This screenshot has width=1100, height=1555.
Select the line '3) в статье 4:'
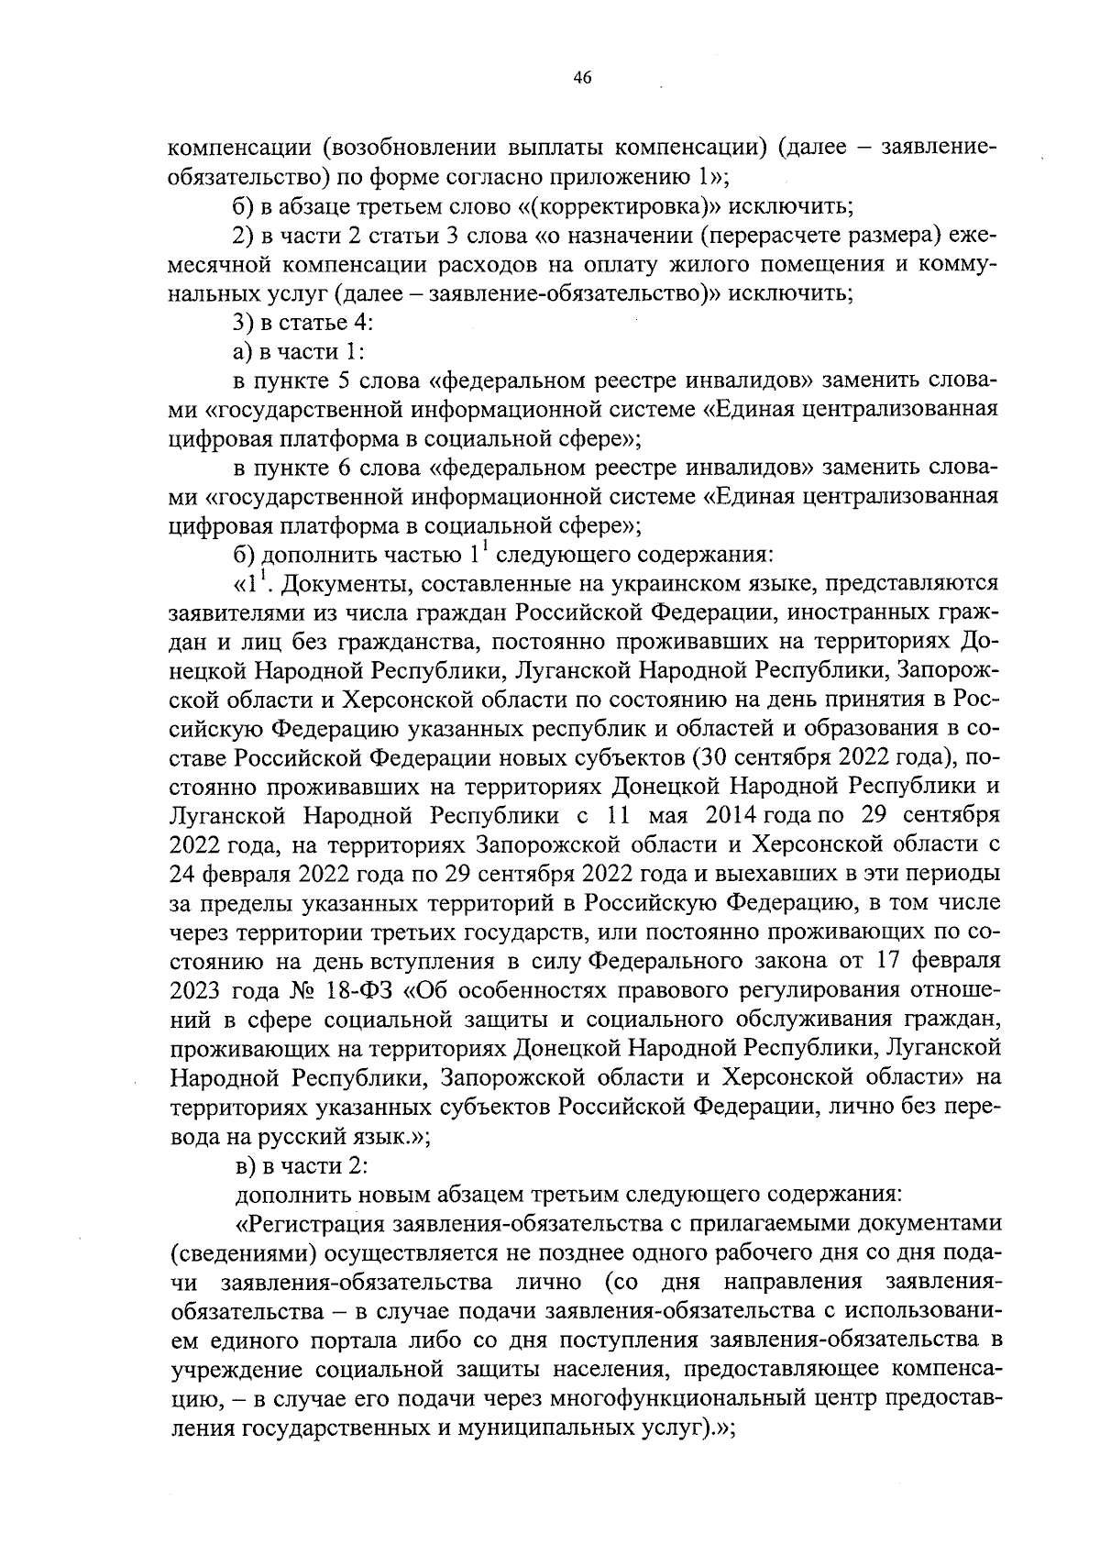click(x=291, y=323)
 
